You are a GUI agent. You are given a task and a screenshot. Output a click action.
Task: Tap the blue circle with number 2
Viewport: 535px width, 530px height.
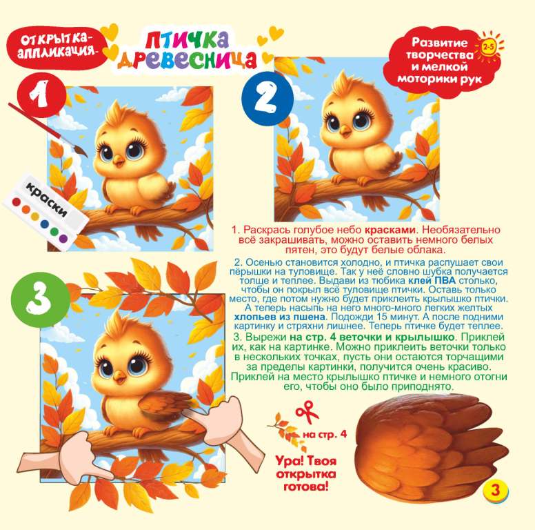pyautogui.click(x=267, y=99)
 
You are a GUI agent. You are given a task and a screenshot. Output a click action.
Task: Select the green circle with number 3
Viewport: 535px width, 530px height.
pyautogui.click(x=39, y=299)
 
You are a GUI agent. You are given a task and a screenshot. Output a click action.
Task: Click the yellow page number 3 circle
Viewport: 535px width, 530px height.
pyautogui.click(x=495, y=491)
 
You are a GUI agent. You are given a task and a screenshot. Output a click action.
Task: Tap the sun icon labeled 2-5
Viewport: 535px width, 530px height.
pyautogui.click(x=489, y=46)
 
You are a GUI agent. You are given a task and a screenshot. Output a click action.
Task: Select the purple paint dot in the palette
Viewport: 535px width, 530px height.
pyautogui.click(x=63, y=238)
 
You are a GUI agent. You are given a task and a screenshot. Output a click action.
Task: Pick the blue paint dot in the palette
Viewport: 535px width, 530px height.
pyautogui.click(x=45, y=224)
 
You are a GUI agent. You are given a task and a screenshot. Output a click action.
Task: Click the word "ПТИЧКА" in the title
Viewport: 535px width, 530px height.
pyautogui.click(x=187, y=40)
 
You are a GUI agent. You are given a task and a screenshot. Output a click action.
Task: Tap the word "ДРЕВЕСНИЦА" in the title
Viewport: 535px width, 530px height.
pyautogui.click(x=187, y=60)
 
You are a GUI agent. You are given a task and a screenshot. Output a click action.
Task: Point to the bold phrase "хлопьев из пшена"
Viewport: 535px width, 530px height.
pyautogui.click(x=279, y=317)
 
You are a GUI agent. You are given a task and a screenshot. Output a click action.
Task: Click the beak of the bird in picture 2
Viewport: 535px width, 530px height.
pyautogui.click(x=346, y=131)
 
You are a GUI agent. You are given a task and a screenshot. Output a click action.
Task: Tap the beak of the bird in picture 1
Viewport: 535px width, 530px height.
pyautogui.click(x=119, y=161)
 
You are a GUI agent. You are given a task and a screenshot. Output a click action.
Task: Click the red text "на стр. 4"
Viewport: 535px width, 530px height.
pyautogui.click(x=325, y=435)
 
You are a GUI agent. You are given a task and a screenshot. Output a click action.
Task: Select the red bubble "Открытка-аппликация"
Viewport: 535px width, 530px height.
pyautogui.click(x=57, y=47)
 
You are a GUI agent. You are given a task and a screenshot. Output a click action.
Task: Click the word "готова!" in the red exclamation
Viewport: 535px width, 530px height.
pyautogui.click(x=305, y=486)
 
